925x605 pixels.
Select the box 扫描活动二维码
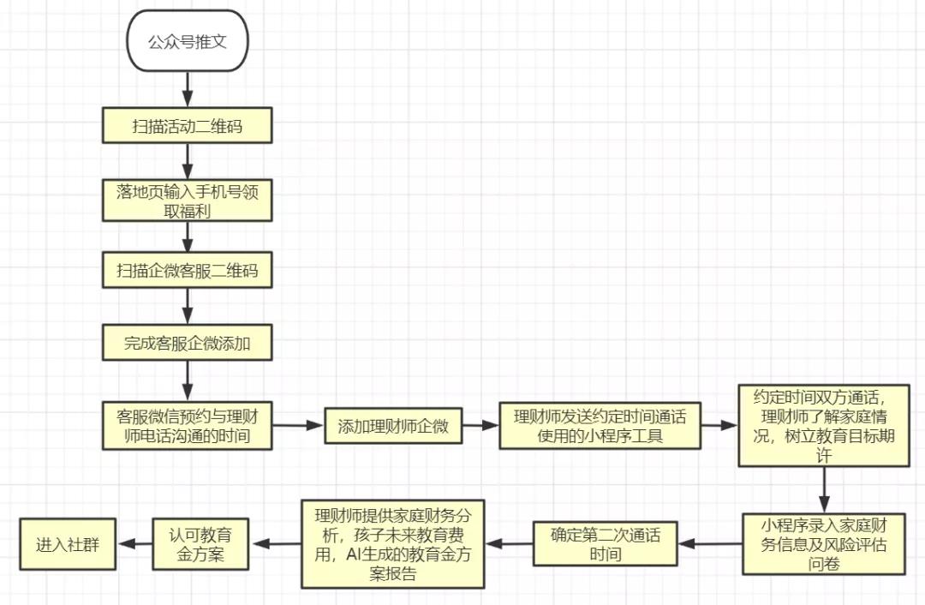(188, 126)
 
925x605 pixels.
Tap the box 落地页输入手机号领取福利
(188, 201)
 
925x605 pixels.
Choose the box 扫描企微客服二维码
(188, 272)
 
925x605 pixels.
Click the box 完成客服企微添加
(188, 344)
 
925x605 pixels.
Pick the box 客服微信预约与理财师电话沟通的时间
(188, 426)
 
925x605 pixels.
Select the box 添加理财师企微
(394, 426)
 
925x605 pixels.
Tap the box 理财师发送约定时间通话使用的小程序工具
(600, 426)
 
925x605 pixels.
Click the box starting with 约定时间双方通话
(824, 425)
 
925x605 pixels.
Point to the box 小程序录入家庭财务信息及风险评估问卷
(824, 543)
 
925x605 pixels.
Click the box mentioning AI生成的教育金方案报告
(393, 543)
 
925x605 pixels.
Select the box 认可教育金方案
(199, 543)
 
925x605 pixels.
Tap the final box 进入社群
(68, 543)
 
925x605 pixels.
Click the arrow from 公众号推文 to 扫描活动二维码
(188, 88)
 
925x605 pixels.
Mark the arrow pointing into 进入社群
(133, 543)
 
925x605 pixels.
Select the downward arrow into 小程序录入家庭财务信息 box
(824, 489)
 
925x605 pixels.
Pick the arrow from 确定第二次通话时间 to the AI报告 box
(510, 543)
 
